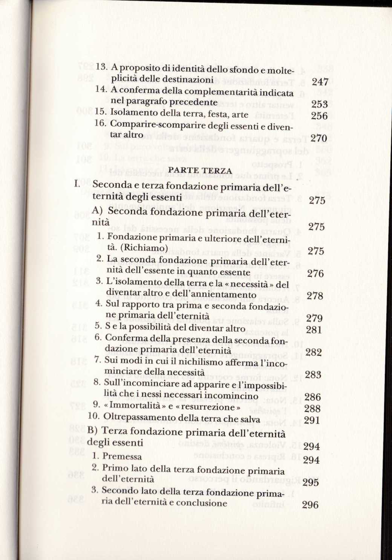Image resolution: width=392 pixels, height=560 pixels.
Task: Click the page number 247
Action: click(320, 82)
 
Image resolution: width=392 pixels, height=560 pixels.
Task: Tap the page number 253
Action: click(320, 104)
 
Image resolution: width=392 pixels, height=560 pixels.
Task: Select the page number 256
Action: click(319, 116)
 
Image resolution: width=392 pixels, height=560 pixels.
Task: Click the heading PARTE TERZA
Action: click(200, 171)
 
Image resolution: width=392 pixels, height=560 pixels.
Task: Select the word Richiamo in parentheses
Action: click(145, 248)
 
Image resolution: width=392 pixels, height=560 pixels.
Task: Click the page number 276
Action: click(315, 274)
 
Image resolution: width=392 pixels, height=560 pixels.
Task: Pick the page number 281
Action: click(314, 330)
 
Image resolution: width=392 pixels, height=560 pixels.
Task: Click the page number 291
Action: click(312, 420)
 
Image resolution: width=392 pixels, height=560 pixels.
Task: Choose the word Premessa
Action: click(122, 457)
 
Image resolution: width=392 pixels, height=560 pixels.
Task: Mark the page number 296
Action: click(310, 505)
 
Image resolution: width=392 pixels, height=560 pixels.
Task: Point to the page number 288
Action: click(312, 409)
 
